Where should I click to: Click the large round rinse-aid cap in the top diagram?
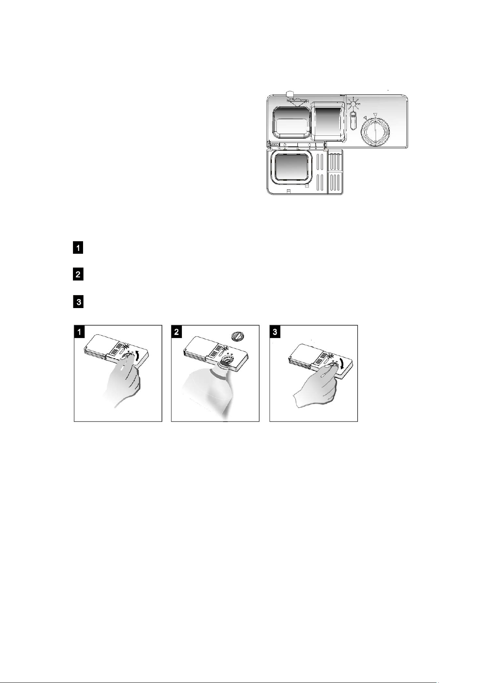[x=375, y=131]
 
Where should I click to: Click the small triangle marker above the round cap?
[x=375, y=115]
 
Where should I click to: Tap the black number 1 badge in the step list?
[x=78, y=248]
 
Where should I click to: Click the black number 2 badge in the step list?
[x=78, y=274]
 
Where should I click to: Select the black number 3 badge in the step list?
[x=78, y=302]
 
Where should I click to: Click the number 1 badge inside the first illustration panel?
[x=79, y=332]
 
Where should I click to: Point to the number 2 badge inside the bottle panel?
[x=177, y=332]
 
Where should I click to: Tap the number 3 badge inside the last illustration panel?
[x=275, y=332]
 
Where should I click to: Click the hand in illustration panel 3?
[x=317, y=386]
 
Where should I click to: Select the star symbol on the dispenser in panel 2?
[x=226, y=349]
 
